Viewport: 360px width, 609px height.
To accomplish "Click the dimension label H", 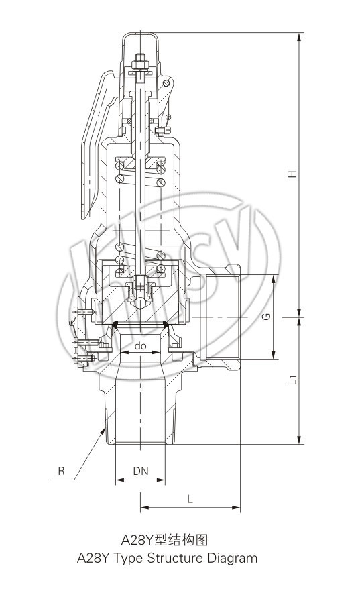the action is point(292,174).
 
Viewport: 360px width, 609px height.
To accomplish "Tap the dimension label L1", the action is point(293,380).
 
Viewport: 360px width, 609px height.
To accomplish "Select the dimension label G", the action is point(267,317).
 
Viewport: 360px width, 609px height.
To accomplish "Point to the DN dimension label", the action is point(141,471).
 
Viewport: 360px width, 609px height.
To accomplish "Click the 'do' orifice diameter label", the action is point(140,345).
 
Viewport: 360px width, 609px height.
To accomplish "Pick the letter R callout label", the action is point(61,471).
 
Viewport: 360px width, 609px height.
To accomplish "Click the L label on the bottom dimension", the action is point(190,499).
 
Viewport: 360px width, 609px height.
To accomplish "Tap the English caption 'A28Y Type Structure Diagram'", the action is point(167,558).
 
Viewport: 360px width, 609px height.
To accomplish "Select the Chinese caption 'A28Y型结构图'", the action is point(165,539).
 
